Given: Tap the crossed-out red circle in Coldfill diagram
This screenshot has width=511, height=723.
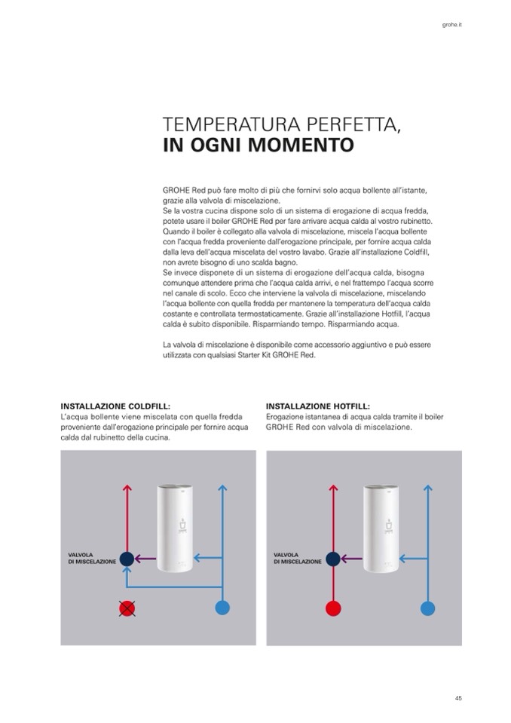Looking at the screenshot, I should click(127, 608).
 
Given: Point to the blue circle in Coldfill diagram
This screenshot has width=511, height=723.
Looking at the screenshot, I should click(222, 608).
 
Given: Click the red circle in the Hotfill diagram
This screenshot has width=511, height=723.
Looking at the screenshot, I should click(332, 608).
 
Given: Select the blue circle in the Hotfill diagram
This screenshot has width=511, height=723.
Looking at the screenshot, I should click(428, 608).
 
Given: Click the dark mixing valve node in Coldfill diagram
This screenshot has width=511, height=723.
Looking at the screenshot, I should click(127, 559).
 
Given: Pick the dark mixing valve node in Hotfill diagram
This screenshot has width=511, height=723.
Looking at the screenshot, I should click(332, 559).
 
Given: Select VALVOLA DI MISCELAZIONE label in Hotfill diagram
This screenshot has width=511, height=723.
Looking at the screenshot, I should click(297, 559).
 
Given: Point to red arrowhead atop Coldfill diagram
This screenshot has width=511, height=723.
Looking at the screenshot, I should click(127, 489).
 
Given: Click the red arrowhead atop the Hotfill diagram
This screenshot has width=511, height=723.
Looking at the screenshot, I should click(332, 489).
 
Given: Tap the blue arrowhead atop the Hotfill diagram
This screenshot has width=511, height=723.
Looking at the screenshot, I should click(428, 489).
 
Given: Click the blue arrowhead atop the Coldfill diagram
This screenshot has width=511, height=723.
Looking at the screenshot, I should click(222, 489).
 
